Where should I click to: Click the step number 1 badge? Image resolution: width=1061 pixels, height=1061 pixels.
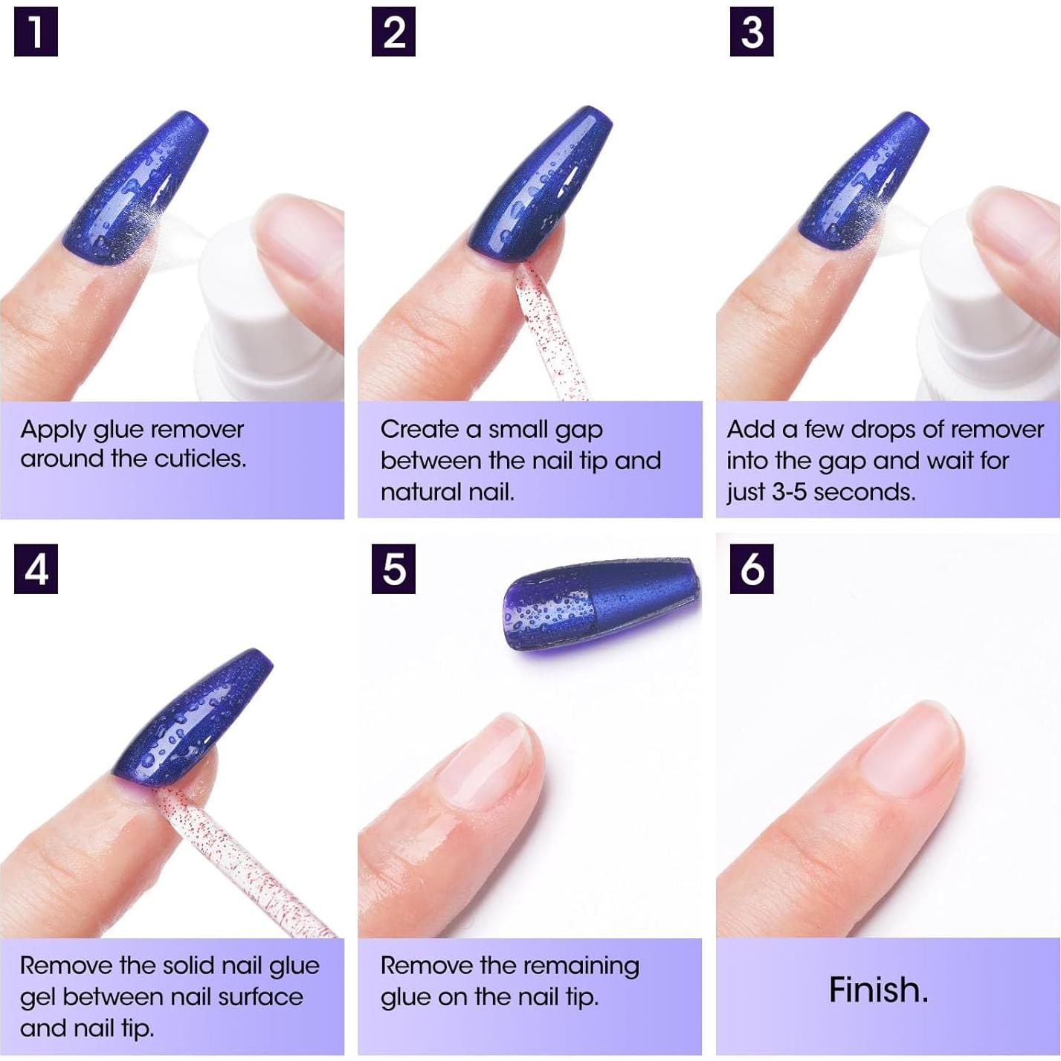(x=36, y=32)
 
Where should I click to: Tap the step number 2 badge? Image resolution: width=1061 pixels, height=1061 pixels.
(x=393, y=32)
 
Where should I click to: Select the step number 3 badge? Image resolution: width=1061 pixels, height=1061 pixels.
(x=752, y=32)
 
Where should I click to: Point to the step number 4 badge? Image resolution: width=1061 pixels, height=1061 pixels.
(x=36, y=569)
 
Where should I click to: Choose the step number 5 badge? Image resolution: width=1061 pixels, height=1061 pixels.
(x=393, y=569)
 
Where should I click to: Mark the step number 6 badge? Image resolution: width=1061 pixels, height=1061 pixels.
(x=752, y=569)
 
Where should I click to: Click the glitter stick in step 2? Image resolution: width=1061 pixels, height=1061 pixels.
(x=545, y=329)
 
